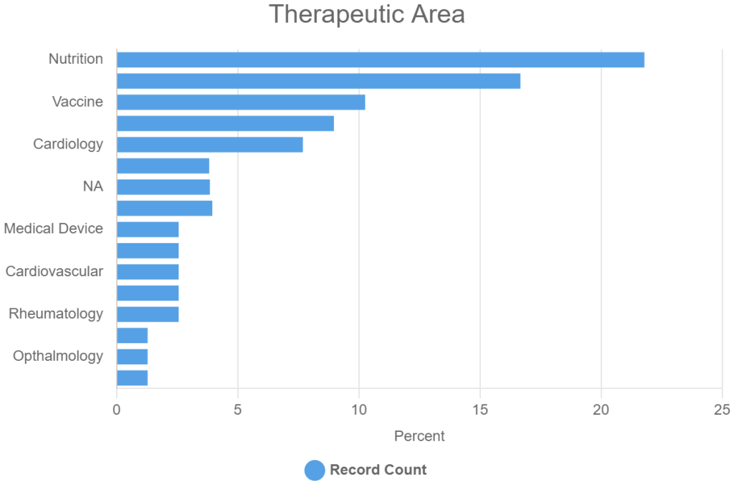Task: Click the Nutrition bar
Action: [380, 60]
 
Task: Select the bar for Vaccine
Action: [241, 102]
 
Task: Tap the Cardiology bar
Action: [209, 144]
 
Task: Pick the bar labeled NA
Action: [163, 187]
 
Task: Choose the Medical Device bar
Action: [148, 230]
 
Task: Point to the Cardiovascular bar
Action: [148, 272]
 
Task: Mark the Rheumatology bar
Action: [148, 314]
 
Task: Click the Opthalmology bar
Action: [132, 357]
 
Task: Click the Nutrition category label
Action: [76, 59]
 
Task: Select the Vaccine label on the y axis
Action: [77, 102]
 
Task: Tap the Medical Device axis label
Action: [54, 230]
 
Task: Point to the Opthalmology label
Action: [58, 357]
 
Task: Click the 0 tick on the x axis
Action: [117, 410]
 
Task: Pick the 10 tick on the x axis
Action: [359, 410]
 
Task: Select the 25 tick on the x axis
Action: [722, 410]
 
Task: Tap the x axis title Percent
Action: [419, 436]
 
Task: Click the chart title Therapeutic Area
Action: [367, 14]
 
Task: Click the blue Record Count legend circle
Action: [315, 471]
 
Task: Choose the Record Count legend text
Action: [378, 471]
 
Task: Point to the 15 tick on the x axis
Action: [480, 410]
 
